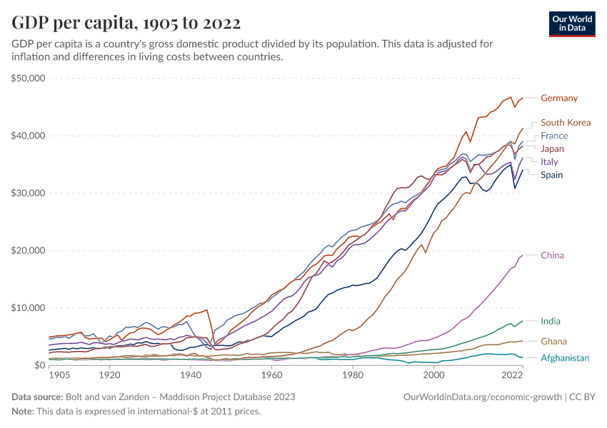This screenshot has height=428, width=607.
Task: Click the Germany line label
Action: click(x=559, y=98)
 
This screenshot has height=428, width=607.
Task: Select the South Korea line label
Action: click(x=566, y=123)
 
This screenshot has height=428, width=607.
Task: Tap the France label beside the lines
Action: click(x=554, y=136)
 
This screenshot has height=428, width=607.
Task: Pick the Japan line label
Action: click(x=553, y=149)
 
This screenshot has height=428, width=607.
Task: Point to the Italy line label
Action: click(x=549, y=162)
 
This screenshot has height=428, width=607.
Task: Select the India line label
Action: click(x=551, y=322)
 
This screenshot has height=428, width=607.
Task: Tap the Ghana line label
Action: click(x=554, y=342)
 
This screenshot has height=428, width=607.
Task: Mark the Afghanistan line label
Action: click(x=565, y=358)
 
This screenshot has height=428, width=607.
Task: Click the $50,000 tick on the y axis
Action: click(x=29, y=78)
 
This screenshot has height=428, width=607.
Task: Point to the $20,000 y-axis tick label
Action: click(x=29, y=250)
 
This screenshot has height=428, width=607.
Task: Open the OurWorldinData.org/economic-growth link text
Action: click(x=483, y=397)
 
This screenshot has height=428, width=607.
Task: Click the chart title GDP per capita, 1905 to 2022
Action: click(x=126, y=22)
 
